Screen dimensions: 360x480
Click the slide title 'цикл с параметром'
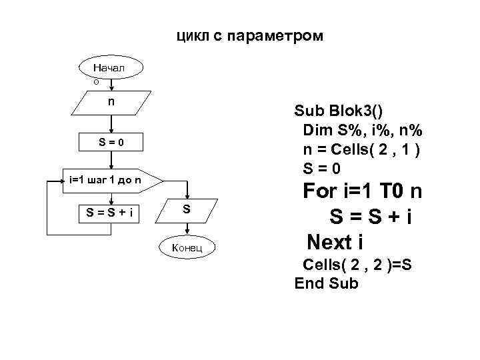[249, 35]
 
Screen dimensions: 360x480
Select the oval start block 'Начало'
[110, 69]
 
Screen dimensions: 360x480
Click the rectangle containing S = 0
[111, 143]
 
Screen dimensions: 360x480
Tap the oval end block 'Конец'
[187, 248]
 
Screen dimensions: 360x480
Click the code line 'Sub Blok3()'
[339, 110]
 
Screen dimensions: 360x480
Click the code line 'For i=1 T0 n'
[362, 192]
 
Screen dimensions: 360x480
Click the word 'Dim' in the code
[317, 129]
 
